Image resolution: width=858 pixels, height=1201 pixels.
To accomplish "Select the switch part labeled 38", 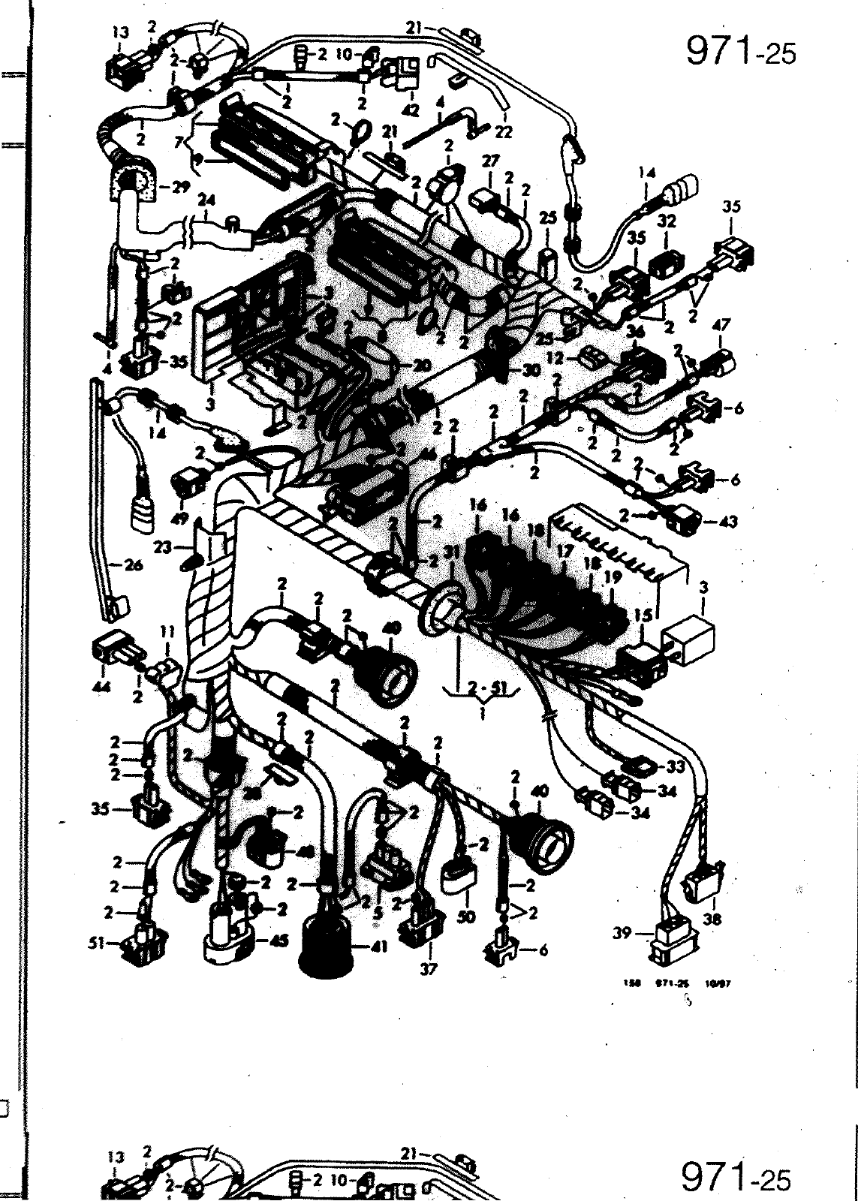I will tap(705, 880).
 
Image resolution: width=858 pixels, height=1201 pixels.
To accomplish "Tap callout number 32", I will tap(667, 221).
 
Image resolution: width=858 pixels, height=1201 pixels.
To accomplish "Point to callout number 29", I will tap(180, 188).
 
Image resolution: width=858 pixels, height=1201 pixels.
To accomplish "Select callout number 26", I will tap(134, 566).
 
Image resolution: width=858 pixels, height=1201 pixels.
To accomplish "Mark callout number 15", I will tap(643, 613).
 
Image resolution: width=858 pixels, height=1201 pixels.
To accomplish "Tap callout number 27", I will tap(490, 161).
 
